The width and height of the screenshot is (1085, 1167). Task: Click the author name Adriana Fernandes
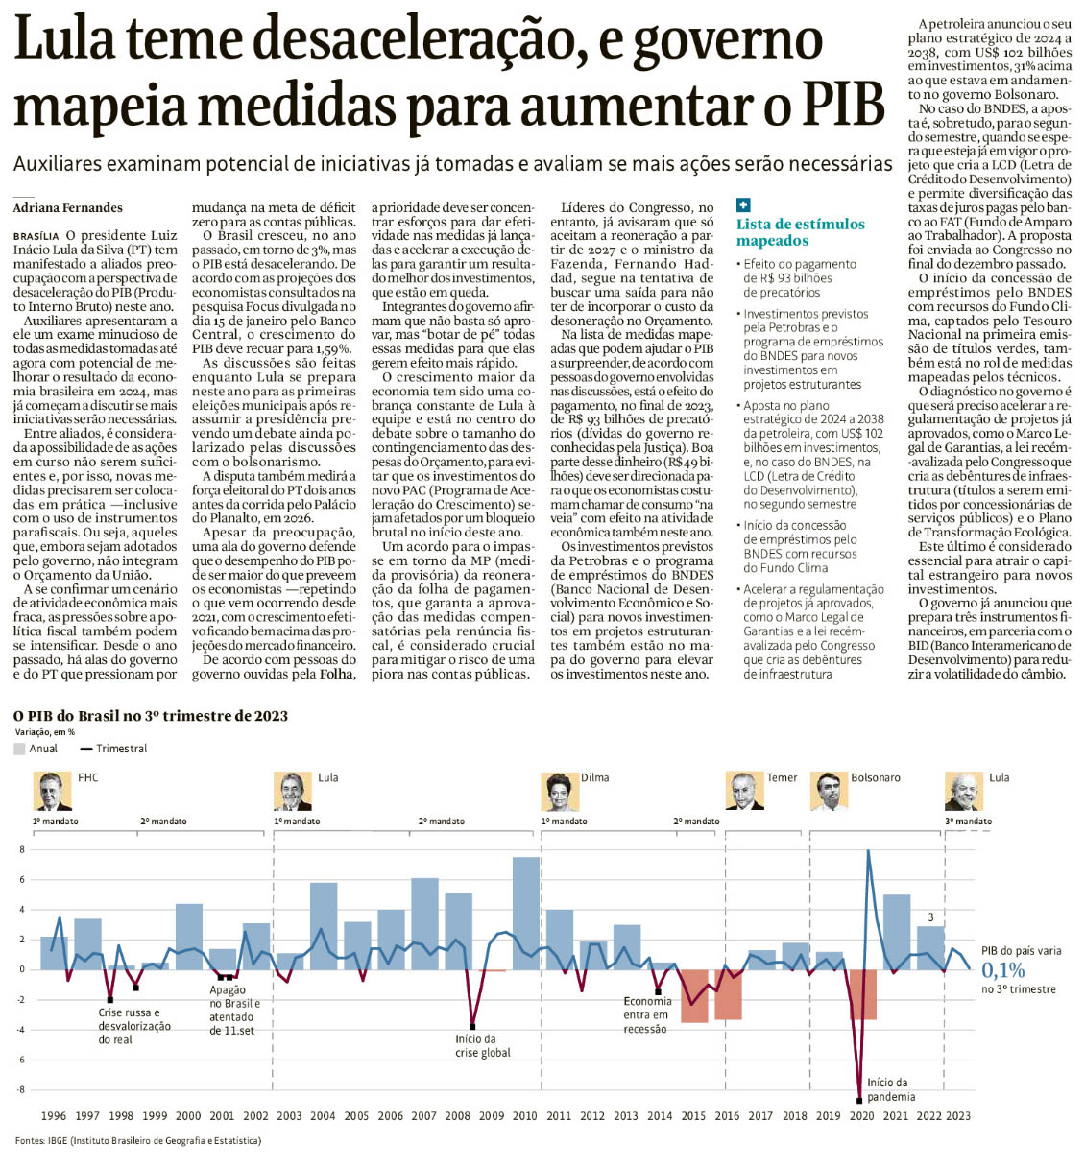tap(68, 207)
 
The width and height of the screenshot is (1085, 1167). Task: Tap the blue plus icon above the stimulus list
tap(743, 204)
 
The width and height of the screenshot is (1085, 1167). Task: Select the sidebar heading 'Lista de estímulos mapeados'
tap(800, 232)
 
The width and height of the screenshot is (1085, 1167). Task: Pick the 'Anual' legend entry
tap(36, 749)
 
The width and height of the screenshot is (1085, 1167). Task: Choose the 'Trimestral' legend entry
tap(114, 749)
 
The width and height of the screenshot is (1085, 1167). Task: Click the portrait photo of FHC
tap(52, 792)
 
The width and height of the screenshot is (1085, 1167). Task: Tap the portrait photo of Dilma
tap(559, 792)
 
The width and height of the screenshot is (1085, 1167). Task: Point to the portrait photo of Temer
tap(743, 792)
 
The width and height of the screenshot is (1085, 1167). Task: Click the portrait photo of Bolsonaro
tap(828, 792)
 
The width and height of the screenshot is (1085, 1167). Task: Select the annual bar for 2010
tap(525, 913)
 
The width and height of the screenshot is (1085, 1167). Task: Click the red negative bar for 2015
tap(694, 995)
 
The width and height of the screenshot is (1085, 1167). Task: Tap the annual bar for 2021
tap(896, 932)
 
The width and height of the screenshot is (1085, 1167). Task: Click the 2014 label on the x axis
tap(660, 1116)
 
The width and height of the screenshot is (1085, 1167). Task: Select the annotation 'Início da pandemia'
tap(890, 1089)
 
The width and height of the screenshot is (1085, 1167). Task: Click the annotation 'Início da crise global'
tap(482, 1046)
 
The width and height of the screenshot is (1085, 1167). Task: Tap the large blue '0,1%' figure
tap(1003, 970)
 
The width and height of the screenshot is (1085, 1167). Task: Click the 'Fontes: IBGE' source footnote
tap(137, 1140)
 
